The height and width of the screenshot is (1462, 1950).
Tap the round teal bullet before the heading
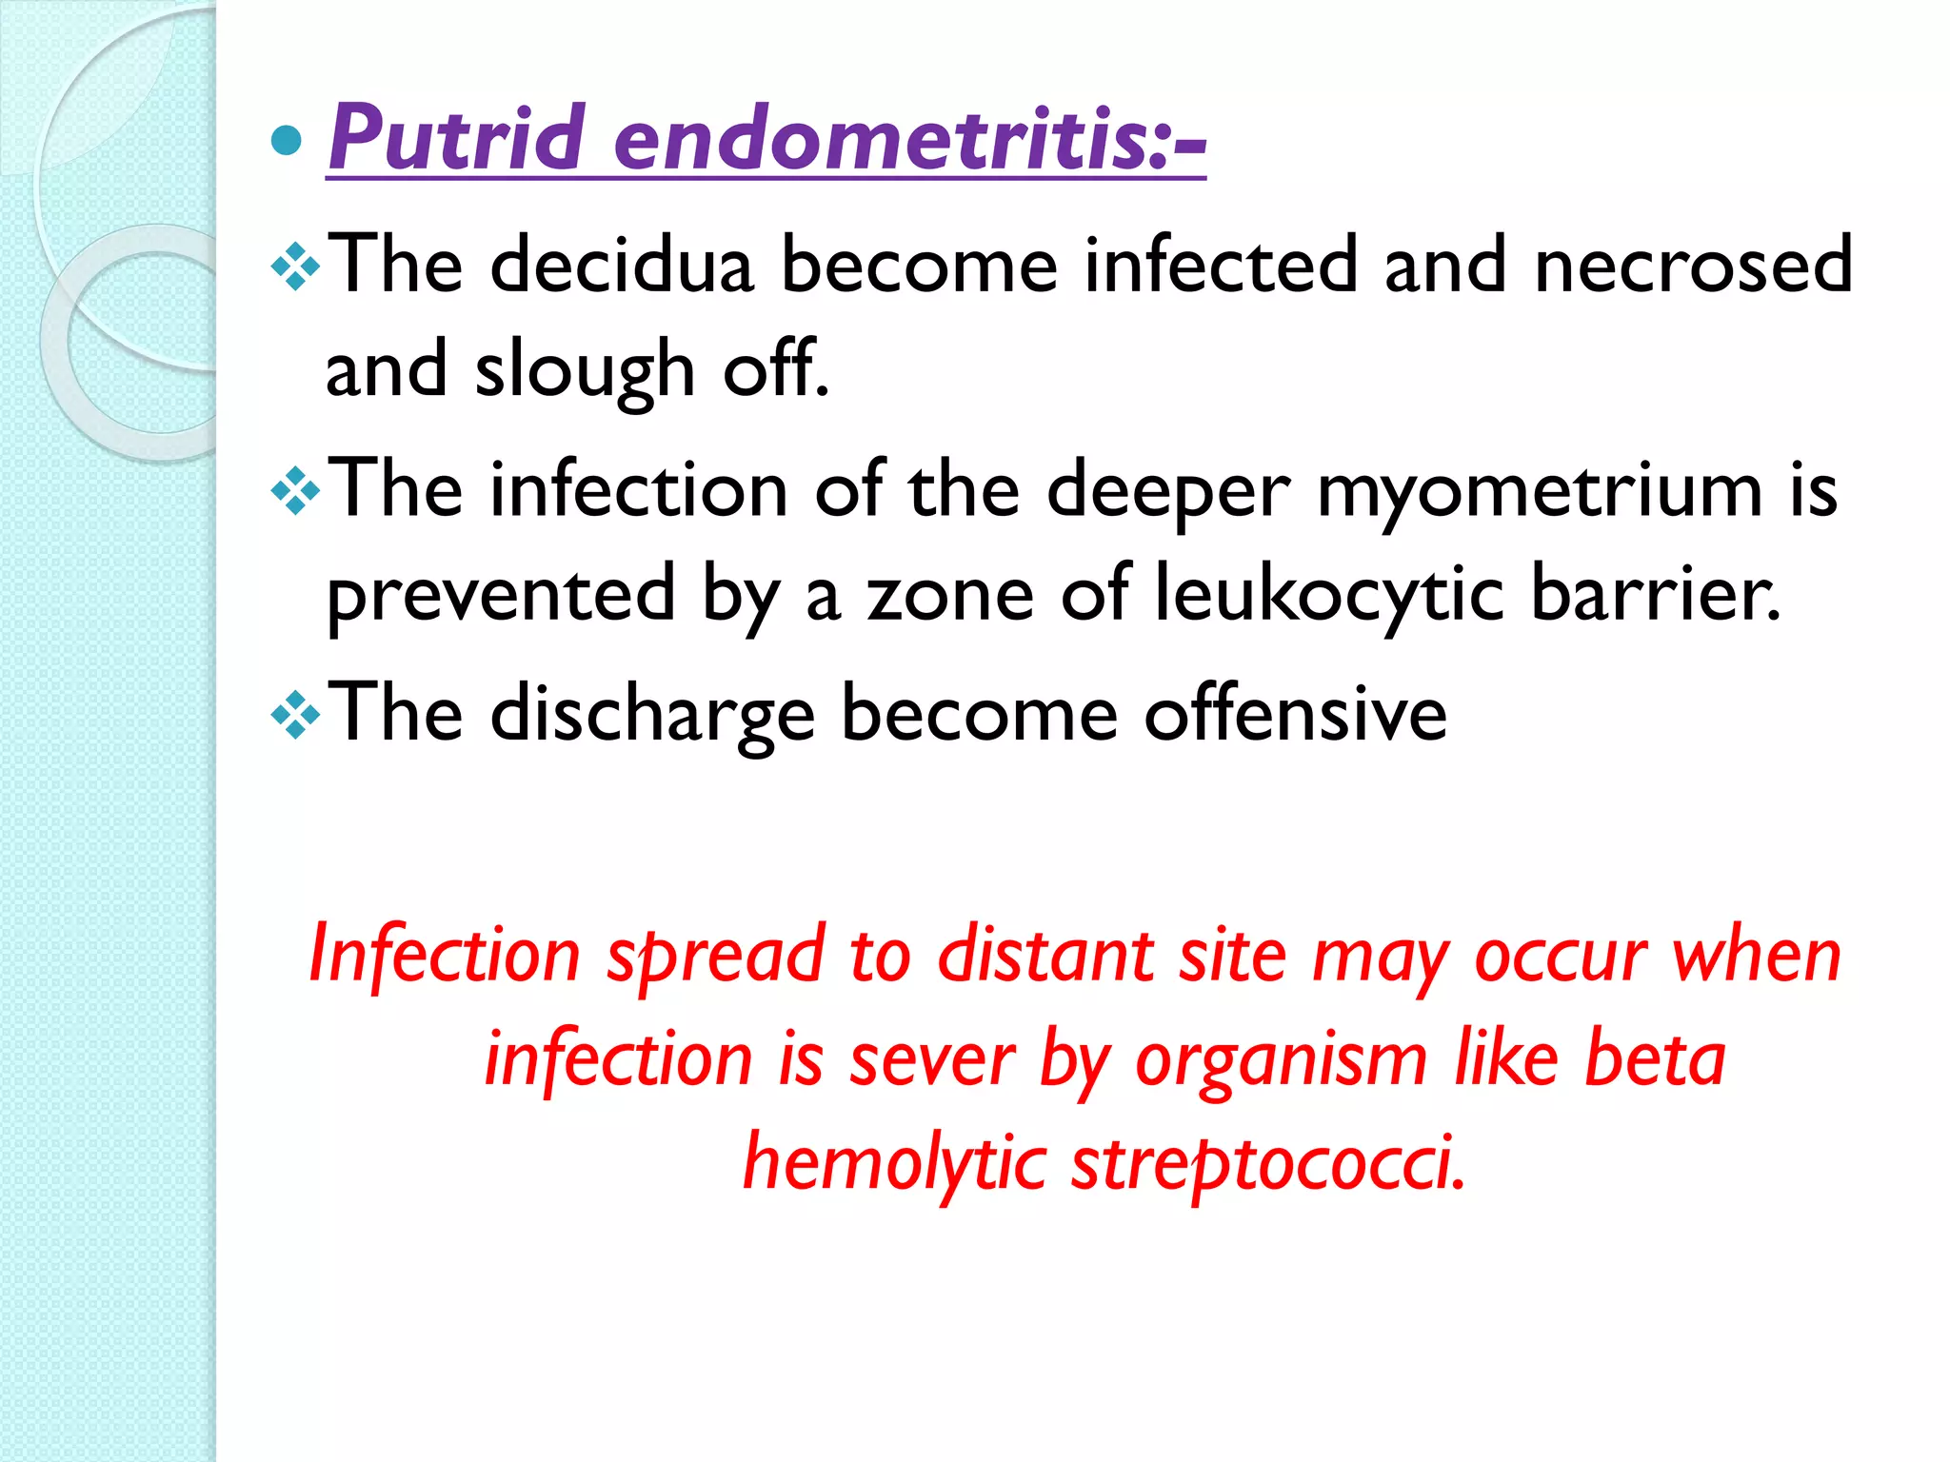(287, 141)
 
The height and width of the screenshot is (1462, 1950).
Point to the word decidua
(622, 265)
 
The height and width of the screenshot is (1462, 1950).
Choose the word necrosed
(1693, 265)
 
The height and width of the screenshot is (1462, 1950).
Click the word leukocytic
(1329, 595)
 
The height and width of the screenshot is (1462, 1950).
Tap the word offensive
(1295, 714)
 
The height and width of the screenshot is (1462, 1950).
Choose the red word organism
(1281, 1060)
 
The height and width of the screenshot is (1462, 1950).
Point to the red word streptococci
(1268, 1164)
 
